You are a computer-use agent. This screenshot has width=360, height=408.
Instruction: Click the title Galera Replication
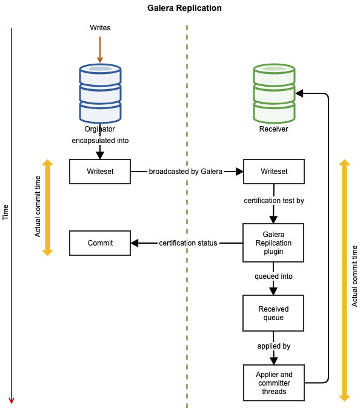(184, 8)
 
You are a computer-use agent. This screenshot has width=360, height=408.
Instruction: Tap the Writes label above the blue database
(100, 27)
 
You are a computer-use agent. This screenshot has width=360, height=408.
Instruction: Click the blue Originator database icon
(100, 93)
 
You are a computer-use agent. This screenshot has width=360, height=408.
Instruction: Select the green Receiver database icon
(274, 93)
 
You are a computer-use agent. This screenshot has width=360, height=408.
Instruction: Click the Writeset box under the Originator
(100, 172)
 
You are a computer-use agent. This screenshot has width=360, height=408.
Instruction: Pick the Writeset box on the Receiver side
(274, 172)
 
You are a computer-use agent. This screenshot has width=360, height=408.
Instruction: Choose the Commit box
(100, 243)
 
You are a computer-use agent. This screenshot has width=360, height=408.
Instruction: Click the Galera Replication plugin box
(273, 242)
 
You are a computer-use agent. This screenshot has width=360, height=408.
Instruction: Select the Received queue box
(273, 313)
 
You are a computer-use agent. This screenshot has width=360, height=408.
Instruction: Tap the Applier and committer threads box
(274, 383)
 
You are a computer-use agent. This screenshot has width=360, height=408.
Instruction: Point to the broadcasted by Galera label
(185, 172)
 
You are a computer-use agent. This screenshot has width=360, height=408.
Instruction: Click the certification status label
(188, 243)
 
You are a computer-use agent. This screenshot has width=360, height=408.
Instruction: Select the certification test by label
(274, 201)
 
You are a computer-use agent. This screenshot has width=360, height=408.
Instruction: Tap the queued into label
(274, 276)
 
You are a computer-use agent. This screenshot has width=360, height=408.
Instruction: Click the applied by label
(274, 346)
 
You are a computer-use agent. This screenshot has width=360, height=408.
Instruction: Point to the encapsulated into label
(100, 141)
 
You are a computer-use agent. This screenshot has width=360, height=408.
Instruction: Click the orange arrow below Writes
(100, 50)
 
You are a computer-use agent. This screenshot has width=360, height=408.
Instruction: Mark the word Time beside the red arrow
(5, 212)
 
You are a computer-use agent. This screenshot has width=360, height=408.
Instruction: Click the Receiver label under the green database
(274, 129)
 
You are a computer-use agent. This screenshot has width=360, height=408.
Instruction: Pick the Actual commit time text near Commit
(38, 207)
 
